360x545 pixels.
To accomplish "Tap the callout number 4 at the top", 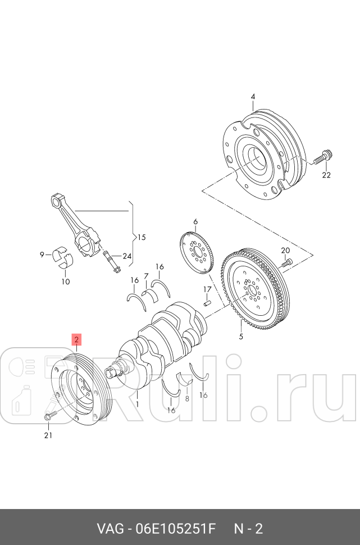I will (253, 97).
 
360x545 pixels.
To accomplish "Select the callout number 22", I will (326, 175).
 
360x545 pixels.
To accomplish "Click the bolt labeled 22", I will (321, 158).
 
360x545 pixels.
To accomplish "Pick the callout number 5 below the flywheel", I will (241, 337).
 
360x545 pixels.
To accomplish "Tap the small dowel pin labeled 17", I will (207, 303).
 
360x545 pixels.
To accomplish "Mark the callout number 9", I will (42, 255).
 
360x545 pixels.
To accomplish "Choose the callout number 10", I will (66, 281).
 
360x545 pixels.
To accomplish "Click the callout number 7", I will (146, 276).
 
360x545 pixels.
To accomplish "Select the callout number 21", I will (48, 435).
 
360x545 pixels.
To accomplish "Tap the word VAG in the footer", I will (110, 529).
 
